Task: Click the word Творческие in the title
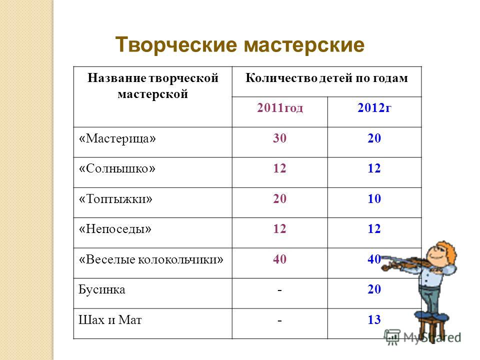176,45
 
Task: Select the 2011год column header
280,108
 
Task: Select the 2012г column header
374,108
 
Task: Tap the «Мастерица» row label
117,138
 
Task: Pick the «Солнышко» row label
117,168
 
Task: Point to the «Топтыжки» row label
115,199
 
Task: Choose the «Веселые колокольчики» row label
151,259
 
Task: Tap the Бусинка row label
102,289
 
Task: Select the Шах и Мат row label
110,320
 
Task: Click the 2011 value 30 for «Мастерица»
280,138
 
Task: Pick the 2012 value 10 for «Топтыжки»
374,198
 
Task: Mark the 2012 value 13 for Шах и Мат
374,320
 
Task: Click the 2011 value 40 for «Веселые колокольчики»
280,259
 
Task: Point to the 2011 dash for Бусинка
279,289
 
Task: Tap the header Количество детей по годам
326,78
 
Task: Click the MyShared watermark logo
422,336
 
